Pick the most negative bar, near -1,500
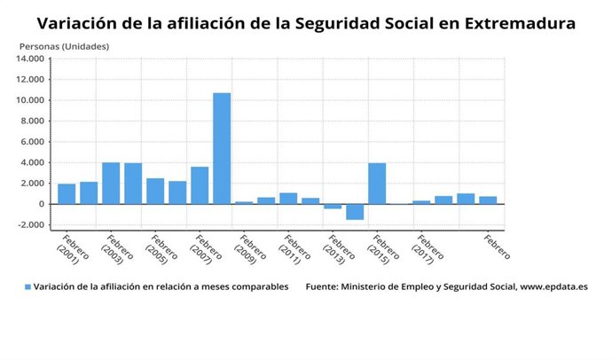click(x=355, y=212)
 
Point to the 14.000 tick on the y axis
click(x=29, y=59)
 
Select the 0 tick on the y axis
click(x=40, y=204)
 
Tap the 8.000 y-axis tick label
click(x=32, y=121)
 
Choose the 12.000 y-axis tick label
click(x=29, y=80)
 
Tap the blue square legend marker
click(x=27, y=287)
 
